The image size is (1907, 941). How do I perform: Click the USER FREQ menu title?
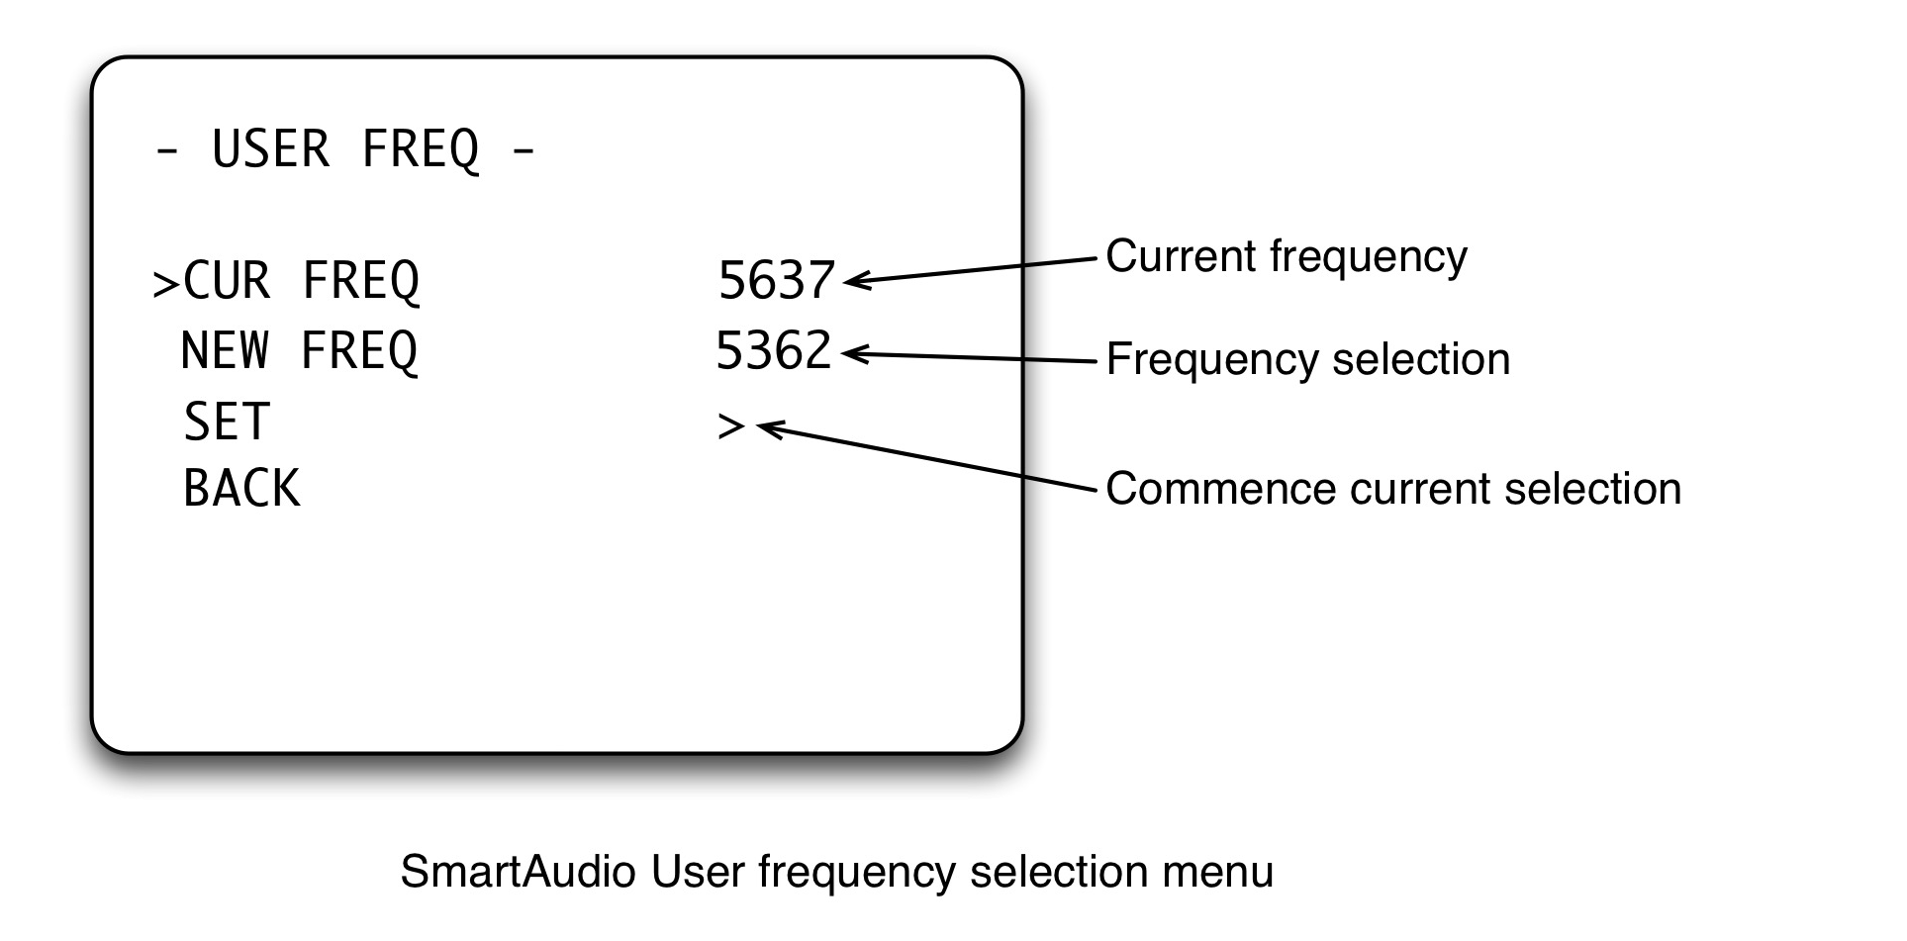345,150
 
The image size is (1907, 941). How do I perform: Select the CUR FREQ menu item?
301,281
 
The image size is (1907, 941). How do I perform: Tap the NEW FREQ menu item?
299,351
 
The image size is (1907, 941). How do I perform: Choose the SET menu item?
227,423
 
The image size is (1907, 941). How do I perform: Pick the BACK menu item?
241,489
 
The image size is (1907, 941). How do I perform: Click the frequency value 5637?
776,281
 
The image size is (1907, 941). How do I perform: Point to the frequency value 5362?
773,351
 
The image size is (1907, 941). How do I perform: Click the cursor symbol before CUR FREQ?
164,284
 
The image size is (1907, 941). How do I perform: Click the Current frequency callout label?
1286,256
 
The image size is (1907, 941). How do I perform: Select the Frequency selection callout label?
1307,359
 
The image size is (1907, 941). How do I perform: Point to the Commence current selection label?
1392,489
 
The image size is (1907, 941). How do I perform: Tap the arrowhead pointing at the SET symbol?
766,428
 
